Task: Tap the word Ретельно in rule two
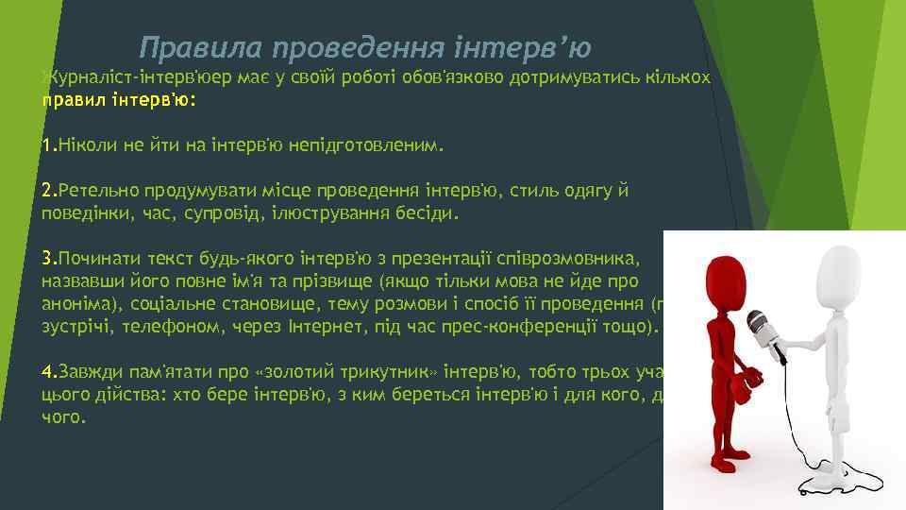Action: click(96, 192)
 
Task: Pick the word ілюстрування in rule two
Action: click(328, 213)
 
